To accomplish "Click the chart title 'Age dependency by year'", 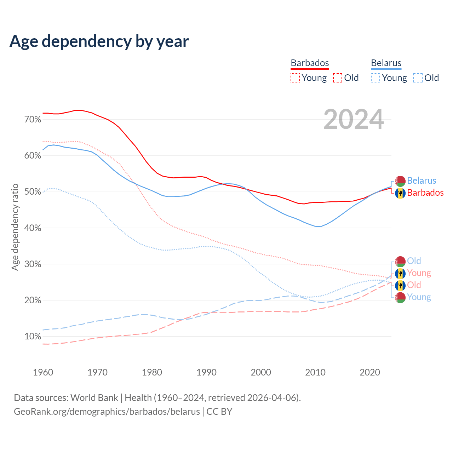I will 99,41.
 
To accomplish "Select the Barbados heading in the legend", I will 310,63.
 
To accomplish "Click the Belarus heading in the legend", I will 386,63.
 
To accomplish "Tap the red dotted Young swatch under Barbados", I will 295,78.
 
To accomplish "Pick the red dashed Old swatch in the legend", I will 338,78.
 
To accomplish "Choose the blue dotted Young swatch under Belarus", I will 375,78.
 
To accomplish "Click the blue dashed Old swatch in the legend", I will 418,78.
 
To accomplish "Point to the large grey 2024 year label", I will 354,120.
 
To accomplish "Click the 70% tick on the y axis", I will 33,120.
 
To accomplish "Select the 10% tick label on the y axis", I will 33,337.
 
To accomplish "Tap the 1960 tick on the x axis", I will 43,372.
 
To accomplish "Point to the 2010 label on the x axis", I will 315,372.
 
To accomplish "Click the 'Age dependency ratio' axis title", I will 15,227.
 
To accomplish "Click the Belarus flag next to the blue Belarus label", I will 400,181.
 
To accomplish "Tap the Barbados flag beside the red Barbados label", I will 400,193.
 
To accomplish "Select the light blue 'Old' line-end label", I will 414,261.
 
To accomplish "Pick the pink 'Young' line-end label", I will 419,273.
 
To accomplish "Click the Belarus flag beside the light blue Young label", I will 400,297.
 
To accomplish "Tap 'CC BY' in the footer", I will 219,412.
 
